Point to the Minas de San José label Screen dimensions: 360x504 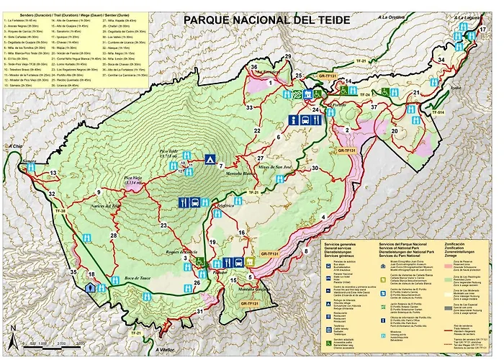(x=274, y=166)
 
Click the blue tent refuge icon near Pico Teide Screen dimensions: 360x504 (x=209, y=158)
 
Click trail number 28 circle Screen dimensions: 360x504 (x=113, y=235)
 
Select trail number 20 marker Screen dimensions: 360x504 (x=395, y=131)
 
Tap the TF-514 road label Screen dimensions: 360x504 (x=439, y=113)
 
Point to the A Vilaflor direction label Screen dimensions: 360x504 (x=165, y=351)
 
